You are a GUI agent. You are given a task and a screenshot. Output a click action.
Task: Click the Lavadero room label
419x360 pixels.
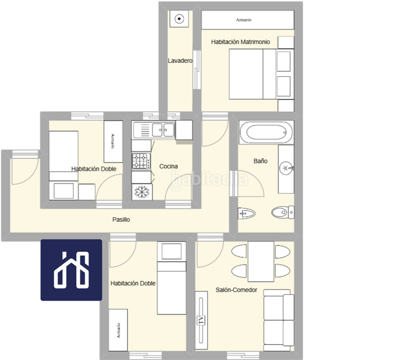(179, 61)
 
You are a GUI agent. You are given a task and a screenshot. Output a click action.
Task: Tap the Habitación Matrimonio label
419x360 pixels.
(240, 42)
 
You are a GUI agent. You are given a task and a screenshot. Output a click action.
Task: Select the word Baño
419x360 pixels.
(260, 162)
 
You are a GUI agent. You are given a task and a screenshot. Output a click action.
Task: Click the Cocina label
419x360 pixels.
(168, 166)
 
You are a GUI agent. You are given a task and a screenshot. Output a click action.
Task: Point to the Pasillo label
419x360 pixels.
(121, 220)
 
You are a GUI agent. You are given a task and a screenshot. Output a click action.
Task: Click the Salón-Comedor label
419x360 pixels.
(237, 290)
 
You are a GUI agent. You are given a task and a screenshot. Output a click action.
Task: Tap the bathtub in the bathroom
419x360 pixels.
(266, 133)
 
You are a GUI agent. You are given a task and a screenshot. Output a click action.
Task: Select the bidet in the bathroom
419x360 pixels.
(247, 212)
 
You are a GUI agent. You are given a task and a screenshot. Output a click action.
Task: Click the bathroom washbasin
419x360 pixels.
(286, 167)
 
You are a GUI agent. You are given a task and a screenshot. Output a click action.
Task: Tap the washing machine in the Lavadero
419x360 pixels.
(178, 19)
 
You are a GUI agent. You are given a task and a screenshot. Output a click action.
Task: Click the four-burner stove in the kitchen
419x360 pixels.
(141, 161)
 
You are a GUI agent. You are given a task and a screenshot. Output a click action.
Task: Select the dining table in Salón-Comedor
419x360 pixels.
(261, 261)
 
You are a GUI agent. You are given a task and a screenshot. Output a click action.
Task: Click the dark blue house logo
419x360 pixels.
(71, 269)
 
